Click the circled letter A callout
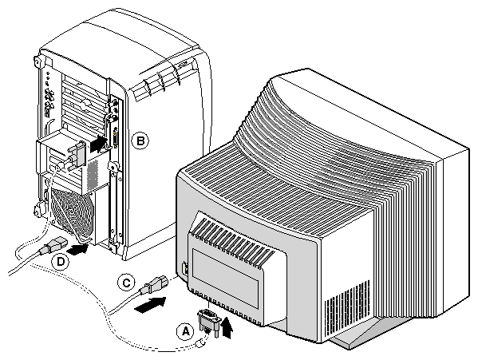click(185, 331)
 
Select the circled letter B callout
click(140, 141)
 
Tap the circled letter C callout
click(126, 283)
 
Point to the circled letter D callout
click(61, 262)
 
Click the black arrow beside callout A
click(227, 327)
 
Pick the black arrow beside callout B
click(99, 144)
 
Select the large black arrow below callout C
click(150, 304)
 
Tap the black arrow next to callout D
click(77, 249)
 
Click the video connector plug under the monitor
click(209, 322)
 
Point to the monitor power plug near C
click(156, 284)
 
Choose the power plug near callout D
click(52, 245)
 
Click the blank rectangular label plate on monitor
click(225, 277)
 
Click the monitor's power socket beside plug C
click(184, 269)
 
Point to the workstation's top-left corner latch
click(37, 61)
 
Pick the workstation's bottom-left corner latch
click(38, 209)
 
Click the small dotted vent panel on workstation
click(93, 174)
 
